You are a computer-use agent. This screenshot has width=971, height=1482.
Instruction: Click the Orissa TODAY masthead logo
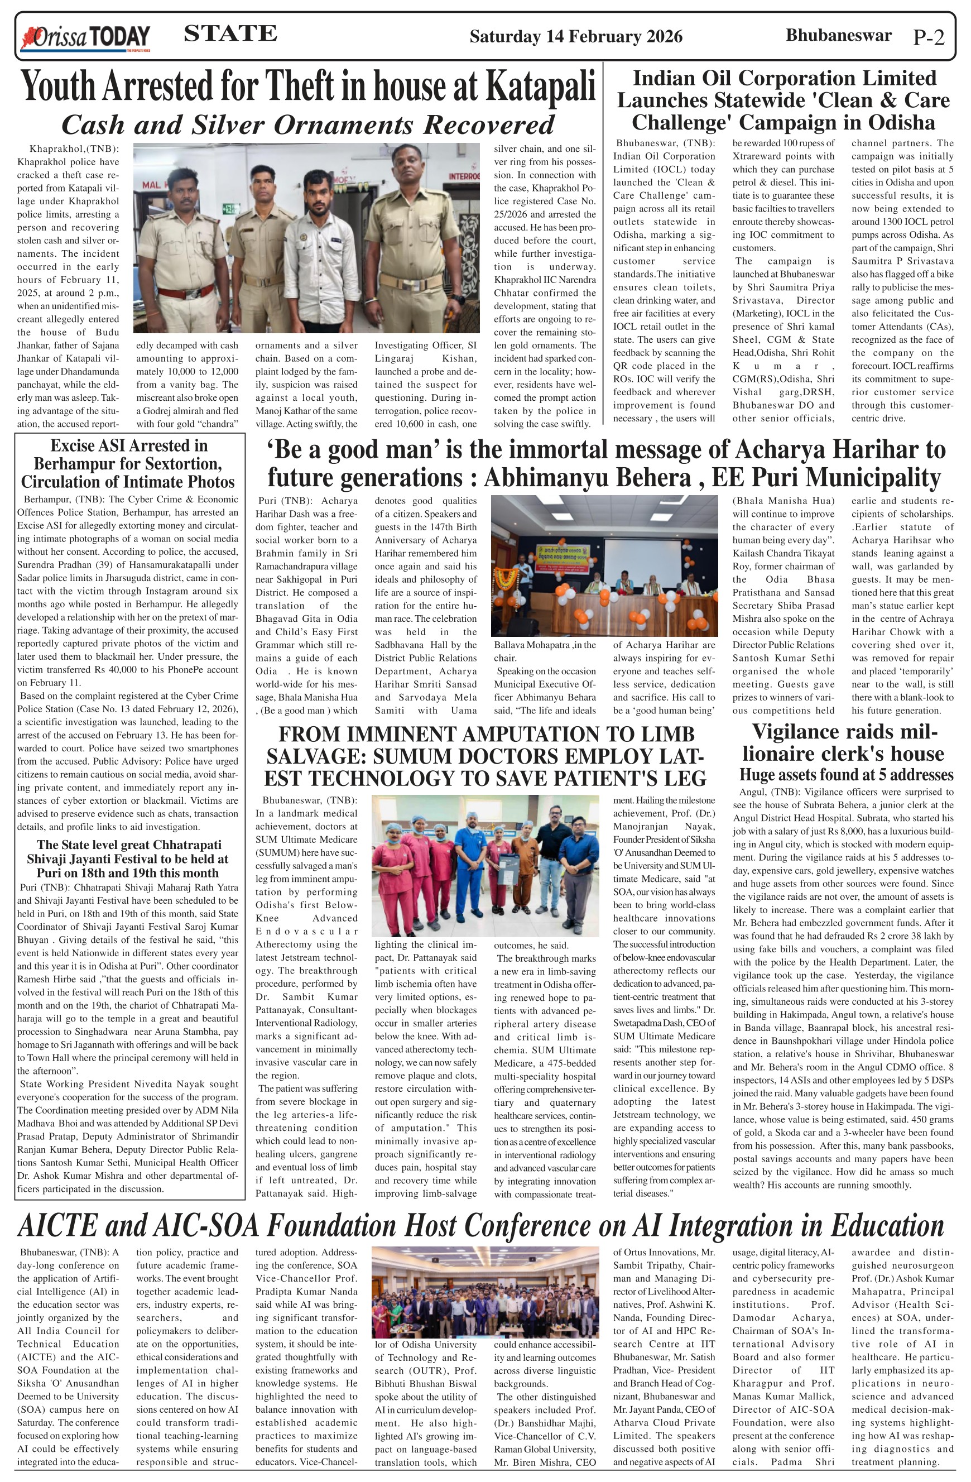85,37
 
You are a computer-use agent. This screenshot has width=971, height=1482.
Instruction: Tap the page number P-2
928,38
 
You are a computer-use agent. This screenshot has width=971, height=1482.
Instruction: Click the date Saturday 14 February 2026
576,37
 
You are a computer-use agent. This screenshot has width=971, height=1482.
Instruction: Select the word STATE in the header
230,33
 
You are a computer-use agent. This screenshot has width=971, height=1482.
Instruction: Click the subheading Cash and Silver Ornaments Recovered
307,125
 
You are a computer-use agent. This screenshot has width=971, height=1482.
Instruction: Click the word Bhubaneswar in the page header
838,36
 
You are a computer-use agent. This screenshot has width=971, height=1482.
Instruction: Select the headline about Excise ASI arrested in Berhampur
128,464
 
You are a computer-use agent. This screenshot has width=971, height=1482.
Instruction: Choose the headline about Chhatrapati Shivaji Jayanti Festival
128,858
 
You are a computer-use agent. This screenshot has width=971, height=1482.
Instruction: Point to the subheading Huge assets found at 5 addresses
846,775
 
